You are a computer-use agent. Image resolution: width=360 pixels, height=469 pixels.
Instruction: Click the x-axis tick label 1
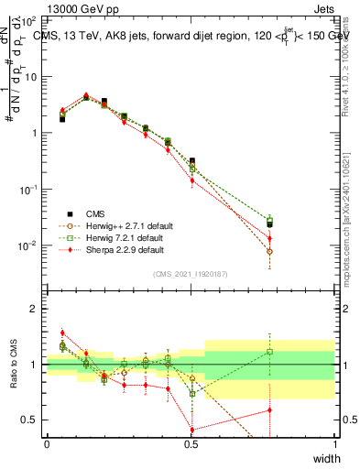[335, 444]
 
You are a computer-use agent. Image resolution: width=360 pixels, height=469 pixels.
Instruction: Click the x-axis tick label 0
[48, 444]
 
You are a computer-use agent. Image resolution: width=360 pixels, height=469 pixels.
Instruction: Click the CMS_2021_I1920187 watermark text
[191, 274]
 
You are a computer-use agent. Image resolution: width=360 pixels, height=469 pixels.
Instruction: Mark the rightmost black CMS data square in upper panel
[268, 224]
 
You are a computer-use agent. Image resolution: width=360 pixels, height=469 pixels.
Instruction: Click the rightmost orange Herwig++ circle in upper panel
[268, 251]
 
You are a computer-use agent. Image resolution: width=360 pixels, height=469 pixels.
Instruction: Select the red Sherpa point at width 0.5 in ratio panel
[191, 430]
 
